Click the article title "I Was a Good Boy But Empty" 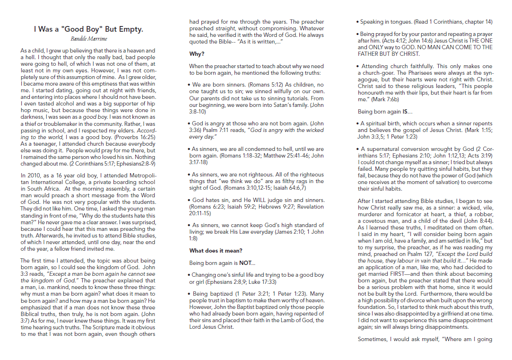(88, 29)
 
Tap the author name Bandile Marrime (88, 38)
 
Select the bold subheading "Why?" (197, 54)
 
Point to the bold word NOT (246, 263)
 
